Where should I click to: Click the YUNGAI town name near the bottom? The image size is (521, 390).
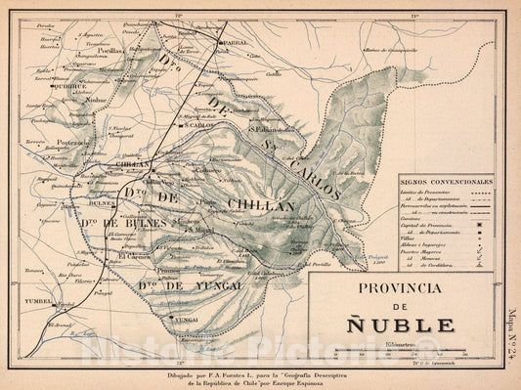coord(185,319)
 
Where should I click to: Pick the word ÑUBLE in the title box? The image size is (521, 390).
coord(410,325)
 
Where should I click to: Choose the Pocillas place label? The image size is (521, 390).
coord(110,50)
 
